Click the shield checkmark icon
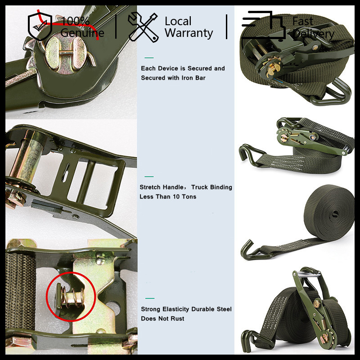[x=40, y=26]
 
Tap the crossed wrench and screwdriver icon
[x=143, y=27]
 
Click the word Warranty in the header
[x=189, y=33]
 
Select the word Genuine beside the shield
[x=82, y=32]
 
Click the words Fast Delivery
[x=313, y=27]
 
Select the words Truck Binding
[x=211, y=187]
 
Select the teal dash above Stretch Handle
[x=149, y=176]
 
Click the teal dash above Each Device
[x=149, y=58]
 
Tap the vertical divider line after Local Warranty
[x=227, y=27]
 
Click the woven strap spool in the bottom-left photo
[x=20, y=292]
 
